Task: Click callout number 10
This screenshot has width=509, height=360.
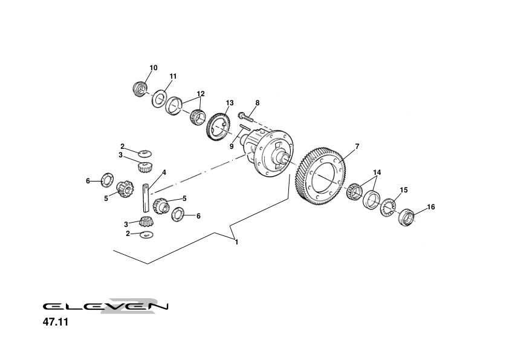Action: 154,68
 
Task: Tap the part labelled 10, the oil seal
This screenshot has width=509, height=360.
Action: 140,88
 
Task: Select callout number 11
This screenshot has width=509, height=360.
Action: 173,76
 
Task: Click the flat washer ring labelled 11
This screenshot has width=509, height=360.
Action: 160,98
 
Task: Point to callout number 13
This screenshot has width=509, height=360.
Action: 230,103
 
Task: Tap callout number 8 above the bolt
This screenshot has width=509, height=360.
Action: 257,103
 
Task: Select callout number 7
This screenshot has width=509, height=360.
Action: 357,146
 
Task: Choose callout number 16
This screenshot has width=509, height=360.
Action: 431,207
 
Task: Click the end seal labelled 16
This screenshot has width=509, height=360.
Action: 406,216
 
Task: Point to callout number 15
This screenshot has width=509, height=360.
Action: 404,190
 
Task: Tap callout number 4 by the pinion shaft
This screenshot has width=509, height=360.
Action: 164,172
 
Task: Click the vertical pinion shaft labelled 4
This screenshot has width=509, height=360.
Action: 146,195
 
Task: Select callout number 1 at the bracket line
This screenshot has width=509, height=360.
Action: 236,242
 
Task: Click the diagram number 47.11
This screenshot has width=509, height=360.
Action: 55,322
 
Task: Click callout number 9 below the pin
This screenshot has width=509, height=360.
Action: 232,146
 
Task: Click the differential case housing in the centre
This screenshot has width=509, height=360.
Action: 270,151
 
